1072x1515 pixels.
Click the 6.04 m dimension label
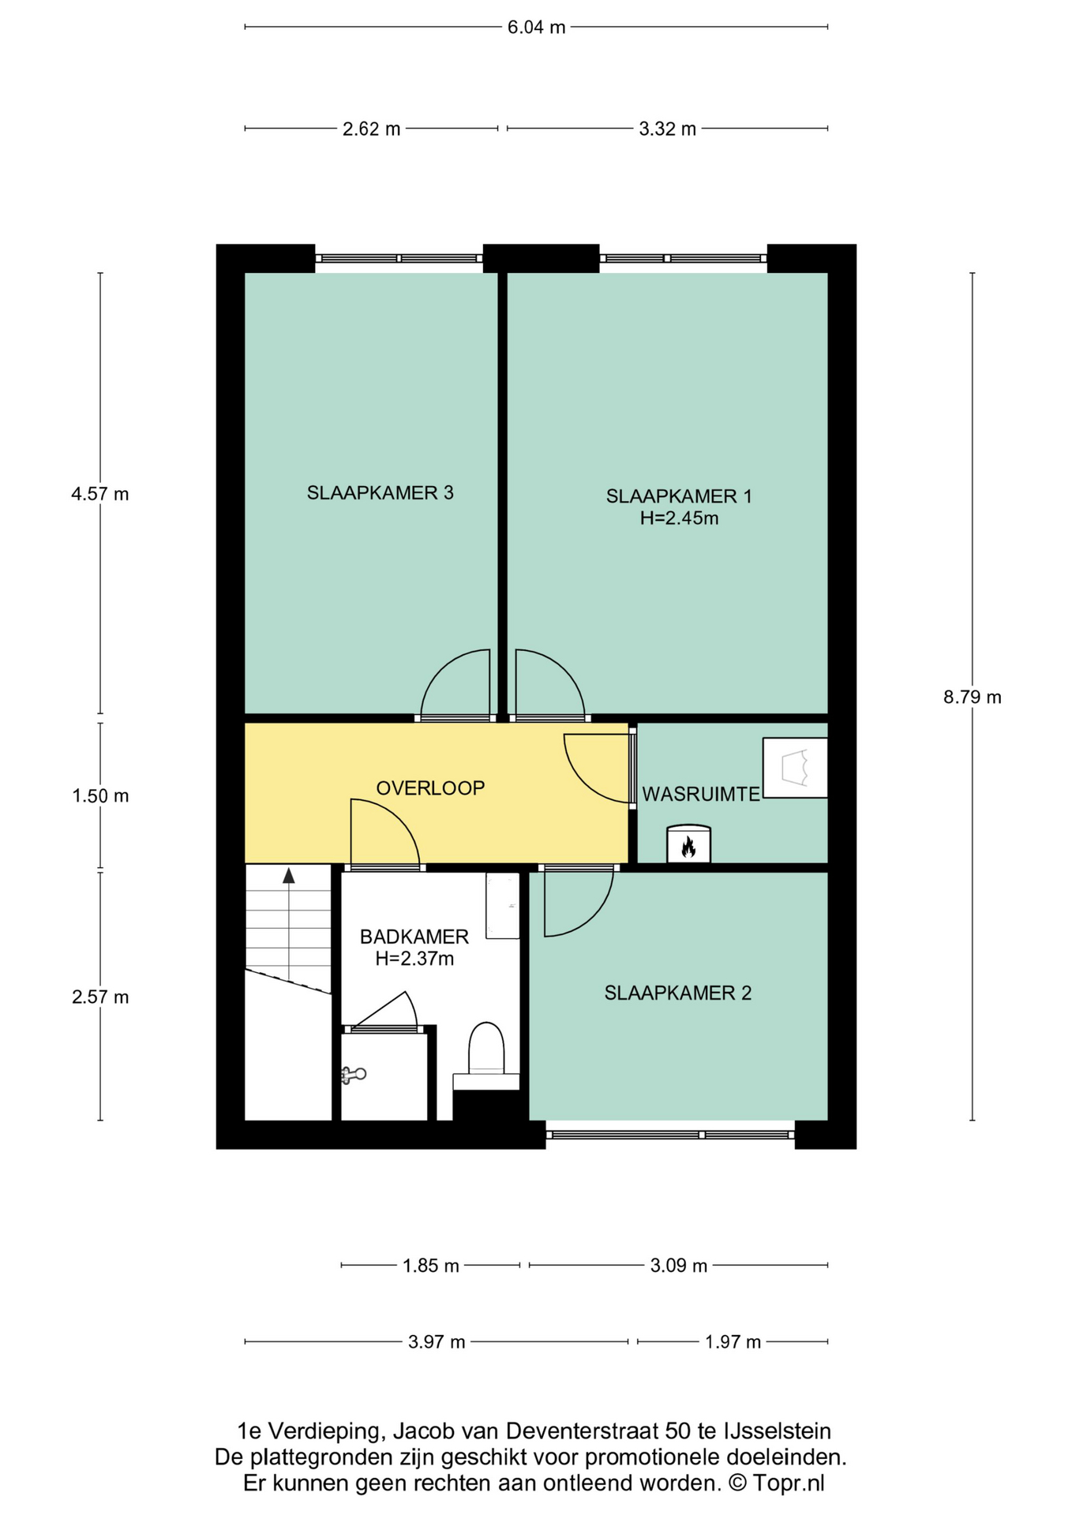[536, 28]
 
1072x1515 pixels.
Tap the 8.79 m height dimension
[973, 697]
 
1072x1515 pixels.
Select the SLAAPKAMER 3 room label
[380, 493]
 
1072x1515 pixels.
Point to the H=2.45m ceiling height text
[679, 518]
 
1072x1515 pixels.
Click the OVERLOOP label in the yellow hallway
[430, 787]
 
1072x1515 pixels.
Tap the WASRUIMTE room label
[701, 794]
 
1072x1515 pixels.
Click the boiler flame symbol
[688, 847]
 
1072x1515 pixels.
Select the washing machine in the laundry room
[795, 768]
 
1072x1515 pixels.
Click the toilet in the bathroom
[486, 1049]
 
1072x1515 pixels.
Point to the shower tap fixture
[352, 1074]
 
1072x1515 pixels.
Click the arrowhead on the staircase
[289, 875]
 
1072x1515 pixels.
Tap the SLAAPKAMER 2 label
[677, 993]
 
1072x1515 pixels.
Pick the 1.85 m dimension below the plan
[430, 1266]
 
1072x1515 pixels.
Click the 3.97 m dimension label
[437, 1341]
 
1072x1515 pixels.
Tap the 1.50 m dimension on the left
[100, 796]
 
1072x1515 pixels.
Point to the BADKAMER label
[414, 937]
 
